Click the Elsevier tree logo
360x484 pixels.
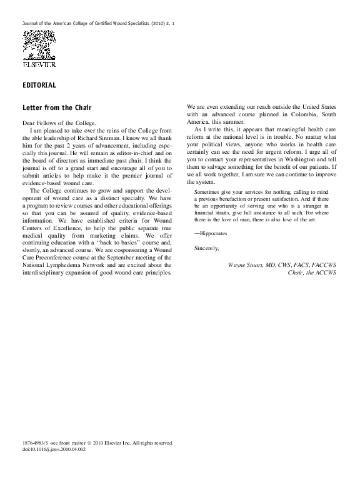click(x=39, y=44)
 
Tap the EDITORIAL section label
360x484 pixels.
click(x=39, y=85)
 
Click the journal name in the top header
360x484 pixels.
click(x=94, y=23)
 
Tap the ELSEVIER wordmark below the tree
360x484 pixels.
click(x=39, y=63)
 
